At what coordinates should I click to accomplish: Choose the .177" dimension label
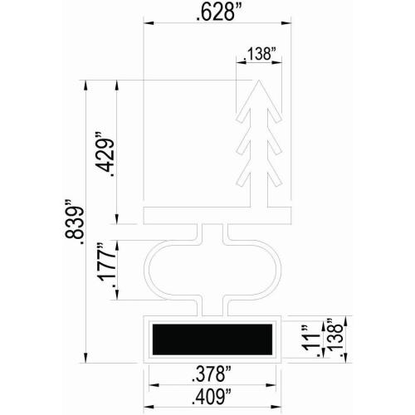[105, 264]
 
